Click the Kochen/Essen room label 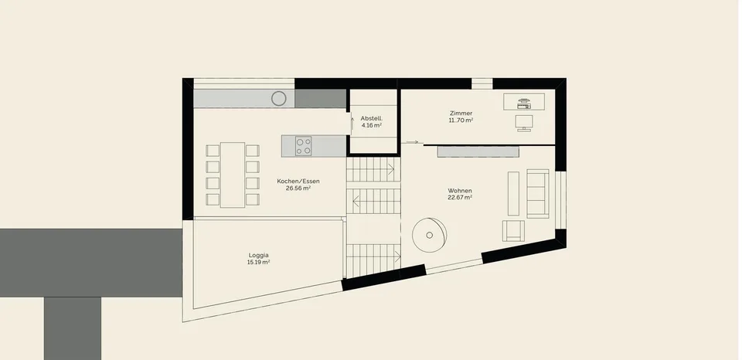(x=298, y=182)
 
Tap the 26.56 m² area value (x=298, y=188)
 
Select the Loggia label (x=258, y=256)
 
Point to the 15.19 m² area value (x=258, y=262)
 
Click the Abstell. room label (x=372, y=118)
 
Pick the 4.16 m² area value (x=372, y=125)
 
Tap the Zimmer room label (x=461, y=114)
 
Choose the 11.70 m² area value (x=461, y=121)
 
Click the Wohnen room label (x=460, y=191)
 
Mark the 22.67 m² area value (x=460, y=198)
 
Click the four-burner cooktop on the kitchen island (x=303, y=146)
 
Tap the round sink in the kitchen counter (x=279, y=98)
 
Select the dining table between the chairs (x=233, y=175)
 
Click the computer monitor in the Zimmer (x=524, y=123)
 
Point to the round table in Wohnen (x=429, y=235)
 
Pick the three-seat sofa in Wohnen (x=538, y=193)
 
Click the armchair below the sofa (x=513, y=231)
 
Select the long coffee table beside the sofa (x=513, y=193)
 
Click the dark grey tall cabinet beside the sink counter (x=321, y=98)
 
